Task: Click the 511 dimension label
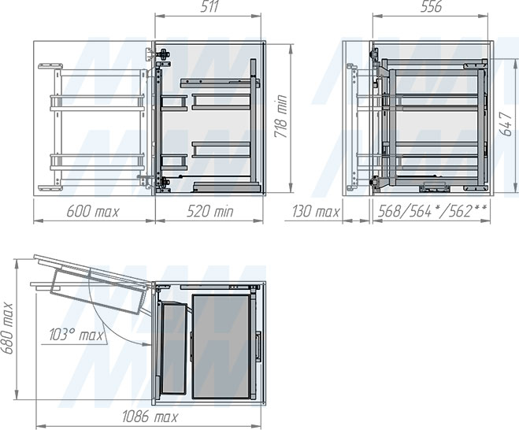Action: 209,6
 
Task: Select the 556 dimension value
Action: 431,6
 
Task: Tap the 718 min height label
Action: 280,117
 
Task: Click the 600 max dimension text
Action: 93,212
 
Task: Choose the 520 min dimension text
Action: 209,212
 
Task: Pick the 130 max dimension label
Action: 316,212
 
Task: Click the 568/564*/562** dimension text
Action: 432,211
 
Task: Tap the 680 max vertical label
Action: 7,328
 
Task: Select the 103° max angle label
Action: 76,335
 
